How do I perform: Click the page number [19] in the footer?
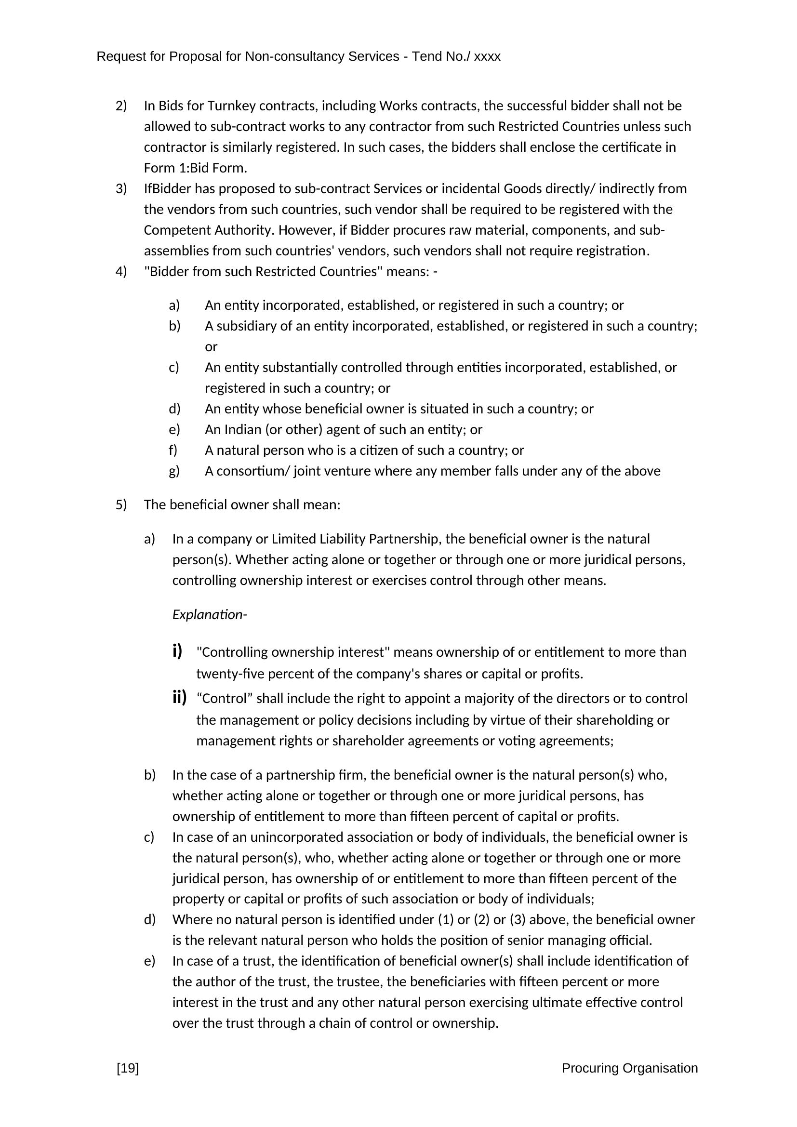pos(128,1068)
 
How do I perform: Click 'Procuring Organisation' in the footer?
pos(629,1068)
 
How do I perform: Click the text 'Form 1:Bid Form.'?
pos(195,168)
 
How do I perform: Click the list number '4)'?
pos(121,271)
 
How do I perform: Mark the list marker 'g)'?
pos(174,471)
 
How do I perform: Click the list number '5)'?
pos(121,504)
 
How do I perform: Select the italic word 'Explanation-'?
pos(210,614)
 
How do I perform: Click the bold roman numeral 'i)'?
pos(177,651)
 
